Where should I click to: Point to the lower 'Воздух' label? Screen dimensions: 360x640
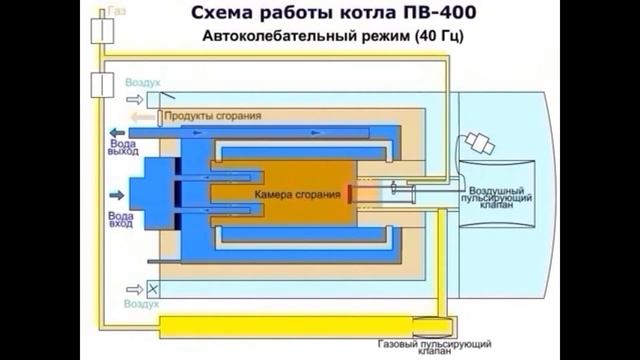[141, 301]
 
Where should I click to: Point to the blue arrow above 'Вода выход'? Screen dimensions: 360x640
[117, 131]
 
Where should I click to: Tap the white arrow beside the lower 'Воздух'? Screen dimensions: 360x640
[132, 286]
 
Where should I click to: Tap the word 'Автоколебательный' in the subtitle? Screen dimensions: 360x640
[271, 38]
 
